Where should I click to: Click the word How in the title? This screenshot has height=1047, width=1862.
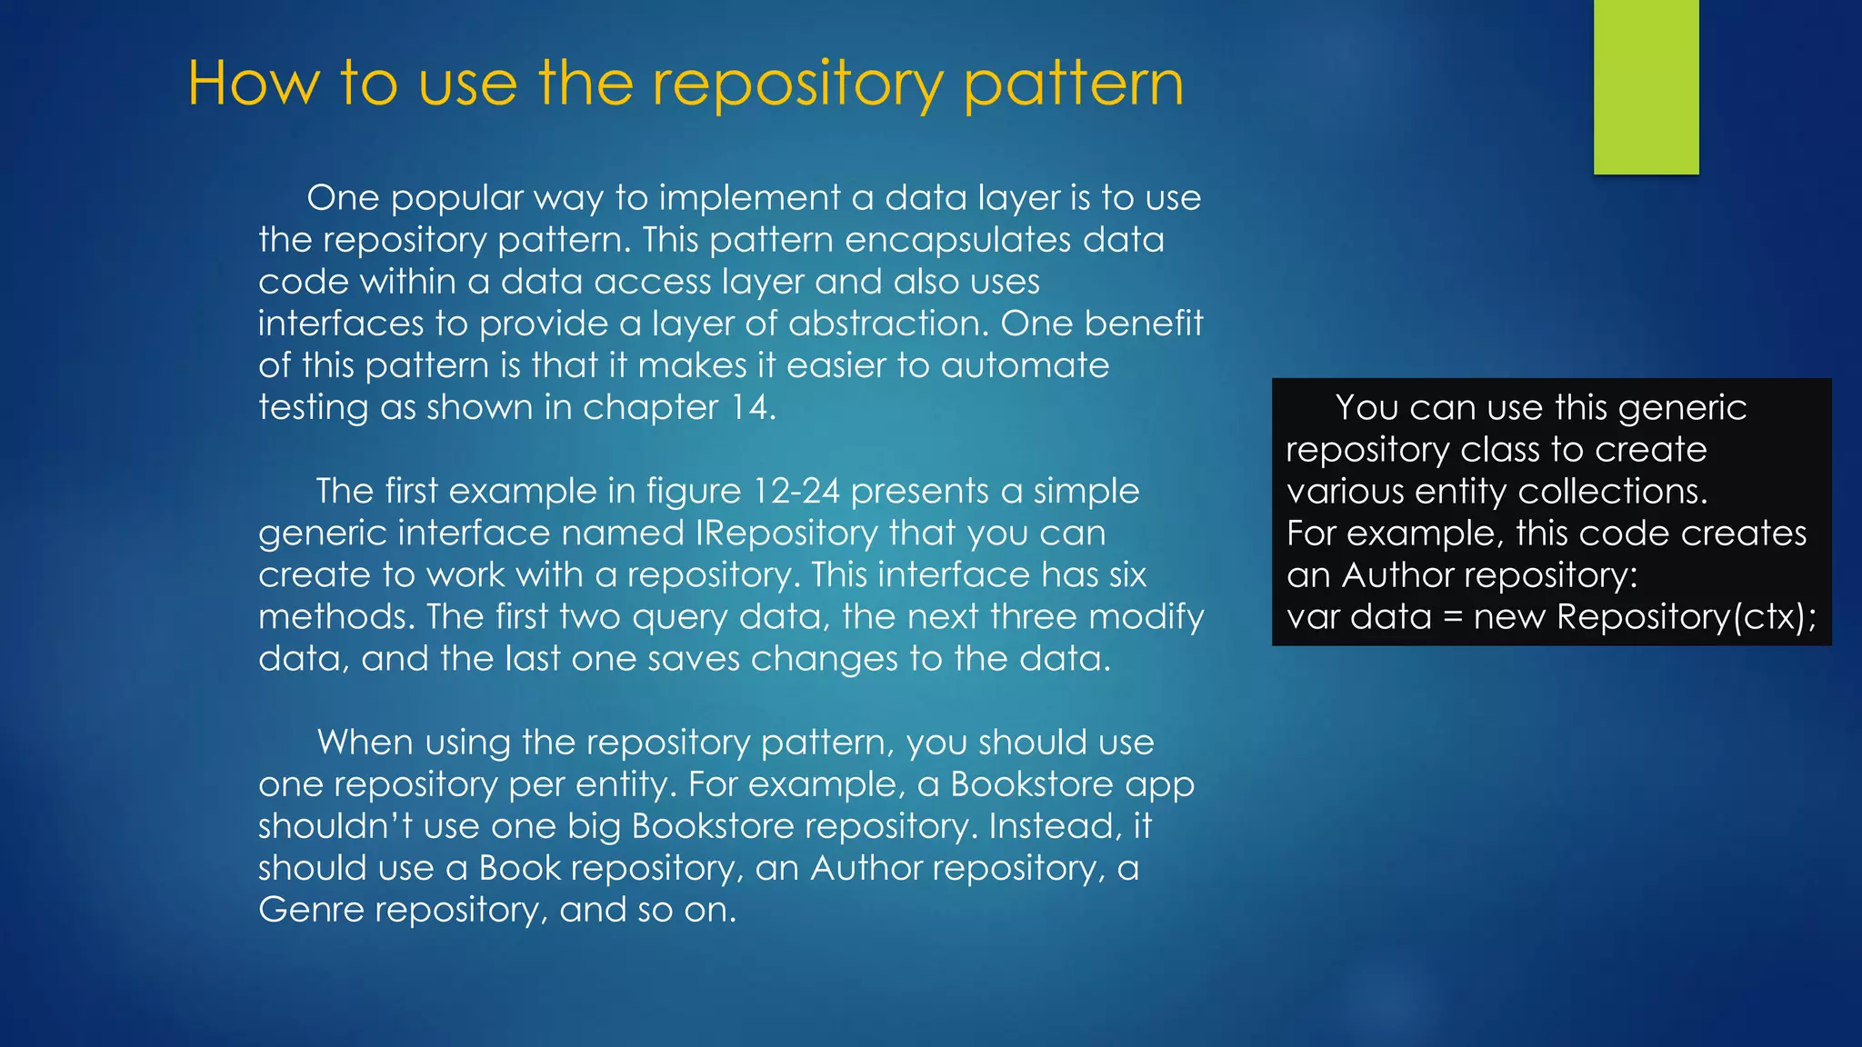click(x=254, y=84)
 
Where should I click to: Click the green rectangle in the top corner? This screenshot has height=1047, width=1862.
click(x=1646, y=86)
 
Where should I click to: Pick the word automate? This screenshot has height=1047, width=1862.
click(x=1025, y=365)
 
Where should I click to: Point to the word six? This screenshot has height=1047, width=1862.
click(x=1127, y=574)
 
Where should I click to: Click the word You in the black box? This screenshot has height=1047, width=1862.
click(x=1366, y=408)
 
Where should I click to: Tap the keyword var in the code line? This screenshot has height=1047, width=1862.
click(x=1313, y=617)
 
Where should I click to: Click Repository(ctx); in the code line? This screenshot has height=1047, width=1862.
click(x=1687, y=617)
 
